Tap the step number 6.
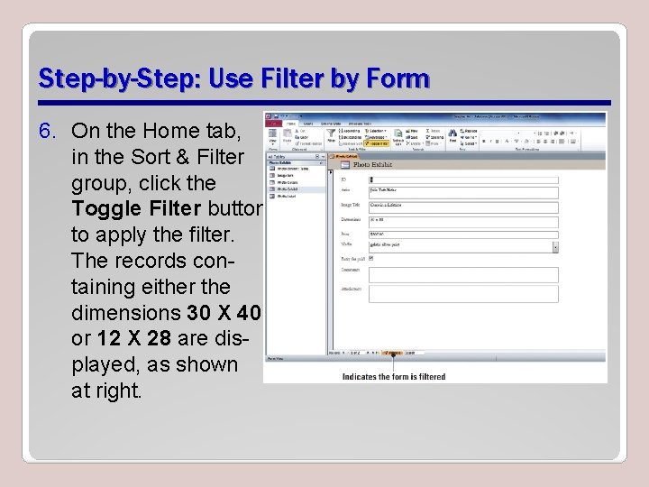[47, 132]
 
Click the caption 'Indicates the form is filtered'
[394, 377]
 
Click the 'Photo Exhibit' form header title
[373, 165]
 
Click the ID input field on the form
[462, 180]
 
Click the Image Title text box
[462, 207]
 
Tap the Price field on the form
[462, 234]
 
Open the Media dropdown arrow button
[554, 246]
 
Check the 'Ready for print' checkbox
[371, 258]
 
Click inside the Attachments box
[462, 293]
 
